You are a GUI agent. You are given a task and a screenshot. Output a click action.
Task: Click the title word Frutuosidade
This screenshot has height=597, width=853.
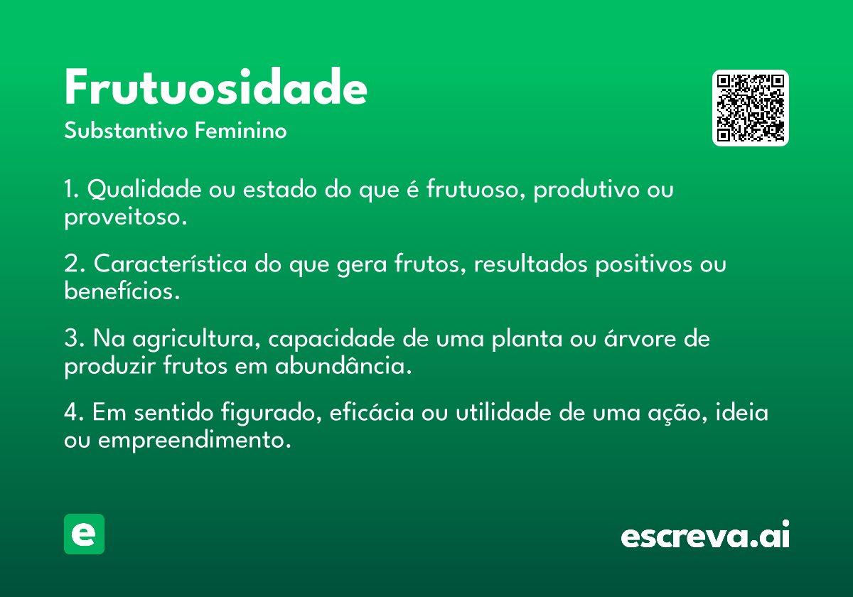[215, 87]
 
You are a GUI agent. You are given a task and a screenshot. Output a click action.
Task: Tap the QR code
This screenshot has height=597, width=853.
[750, 108]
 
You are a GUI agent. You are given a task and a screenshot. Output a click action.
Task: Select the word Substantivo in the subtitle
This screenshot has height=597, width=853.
[126, 130]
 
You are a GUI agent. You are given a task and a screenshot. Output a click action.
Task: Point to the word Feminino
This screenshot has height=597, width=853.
[241, 130]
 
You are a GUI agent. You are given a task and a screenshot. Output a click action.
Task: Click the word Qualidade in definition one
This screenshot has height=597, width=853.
[144, 189]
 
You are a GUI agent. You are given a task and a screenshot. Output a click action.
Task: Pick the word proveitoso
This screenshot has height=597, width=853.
[126, 217]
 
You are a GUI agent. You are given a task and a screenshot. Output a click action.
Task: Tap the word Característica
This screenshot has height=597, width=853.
[170, 264]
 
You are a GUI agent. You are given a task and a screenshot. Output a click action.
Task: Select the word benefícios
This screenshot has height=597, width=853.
[122, 291]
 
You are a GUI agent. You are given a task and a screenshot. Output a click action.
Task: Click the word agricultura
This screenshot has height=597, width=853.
[196, 338]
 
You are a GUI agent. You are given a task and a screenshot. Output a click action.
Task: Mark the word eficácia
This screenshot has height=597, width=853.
[372, 412]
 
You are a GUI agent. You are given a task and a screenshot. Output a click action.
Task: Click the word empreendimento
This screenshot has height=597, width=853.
[194, 440]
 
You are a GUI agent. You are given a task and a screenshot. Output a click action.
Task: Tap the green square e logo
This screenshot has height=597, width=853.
[84, 534]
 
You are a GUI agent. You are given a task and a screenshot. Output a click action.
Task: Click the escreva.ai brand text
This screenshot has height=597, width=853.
[705, 534]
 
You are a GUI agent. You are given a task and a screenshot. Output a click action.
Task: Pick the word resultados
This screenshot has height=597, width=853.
[530, 264]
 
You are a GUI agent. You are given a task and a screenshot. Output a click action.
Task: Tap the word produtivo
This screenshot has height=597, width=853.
[586, 190]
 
